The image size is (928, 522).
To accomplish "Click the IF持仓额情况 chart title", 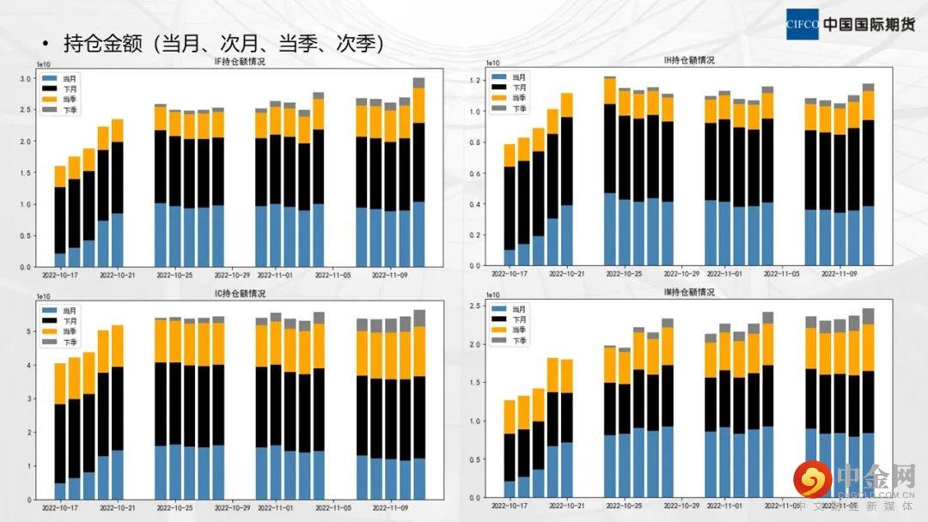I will [240, 63].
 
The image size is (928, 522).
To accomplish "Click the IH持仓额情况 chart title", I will [689, 60].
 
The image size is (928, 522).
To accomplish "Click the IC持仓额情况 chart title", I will [240, 294].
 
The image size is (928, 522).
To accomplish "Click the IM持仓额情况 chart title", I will [689, 292].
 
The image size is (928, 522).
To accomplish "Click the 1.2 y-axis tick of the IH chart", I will [474, 80].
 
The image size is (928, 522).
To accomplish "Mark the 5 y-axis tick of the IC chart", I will [29, 331].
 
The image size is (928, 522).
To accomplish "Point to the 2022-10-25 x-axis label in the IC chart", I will [175, 507].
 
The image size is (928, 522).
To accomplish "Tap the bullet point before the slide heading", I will [44, 44].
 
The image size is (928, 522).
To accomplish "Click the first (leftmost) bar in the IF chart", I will [60, 216].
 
